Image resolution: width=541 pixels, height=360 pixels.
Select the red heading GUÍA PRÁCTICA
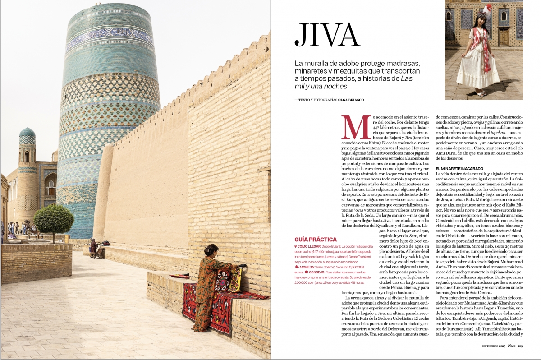pos(315,239)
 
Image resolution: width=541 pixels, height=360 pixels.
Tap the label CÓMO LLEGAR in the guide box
pos(309,247)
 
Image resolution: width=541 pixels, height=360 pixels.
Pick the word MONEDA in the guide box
pos(308,267)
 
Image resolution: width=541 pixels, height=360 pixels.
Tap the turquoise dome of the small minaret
pos(27,132)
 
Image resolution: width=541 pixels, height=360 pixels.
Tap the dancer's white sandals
pos(480,93)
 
